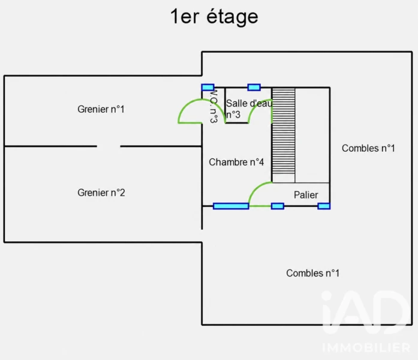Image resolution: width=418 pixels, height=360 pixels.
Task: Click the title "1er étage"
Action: point(214,17)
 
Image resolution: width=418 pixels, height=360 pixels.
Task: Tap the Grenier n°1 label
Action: point(101,109)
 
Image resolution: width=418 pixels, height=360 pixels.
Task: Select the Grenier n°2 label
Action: point(101,193)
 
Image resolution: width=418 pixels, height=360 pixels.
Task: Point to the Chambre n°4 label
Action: point(236,162)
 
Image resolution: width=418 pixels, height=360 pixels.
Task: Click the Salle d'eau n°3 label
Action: point(249,109)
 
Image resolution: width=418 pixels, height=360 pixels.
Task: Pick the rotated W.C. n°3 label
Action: point(213,106)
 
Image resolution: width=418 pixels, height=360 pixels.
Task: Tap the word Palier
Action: point(306,195)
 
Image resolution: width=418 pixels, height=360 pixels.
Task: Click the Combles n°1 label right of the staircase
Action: point(368,148)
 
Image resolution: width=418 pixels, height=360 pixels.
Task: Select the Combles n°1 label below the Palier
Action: point(312,273)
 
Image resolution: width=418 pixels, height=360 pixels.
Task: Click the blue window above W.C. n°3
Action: point(208,87)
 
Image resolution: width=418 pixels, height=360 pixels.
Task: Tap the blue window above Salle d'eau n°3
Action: point(254,87)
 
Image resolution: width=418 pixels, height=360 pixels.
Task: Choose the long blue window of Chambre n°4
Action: point(231,206)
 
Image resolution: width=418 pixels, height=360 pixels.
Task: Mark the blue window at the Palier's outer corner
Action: point(324,206)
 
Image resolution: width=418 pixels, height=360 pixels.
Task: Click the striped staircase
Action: point(284,131)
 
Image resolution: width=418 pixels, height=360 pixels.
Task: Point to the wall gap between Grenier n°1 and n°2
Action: point(109,146)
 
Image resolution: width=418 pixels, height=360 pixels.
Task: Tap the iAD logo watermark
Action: point(366,312)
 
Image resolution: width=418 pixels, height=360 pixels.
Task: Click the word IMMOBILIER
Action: point(366,348)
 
